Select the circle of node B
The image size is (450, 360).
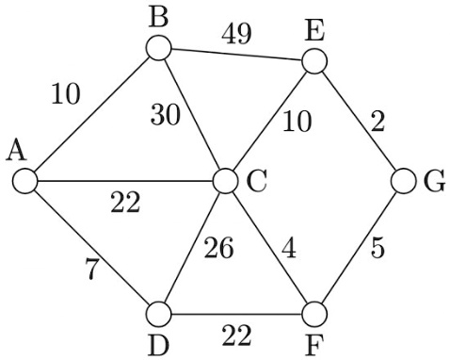coord(158,48)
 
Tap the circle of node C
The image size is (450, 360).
coord(226,179)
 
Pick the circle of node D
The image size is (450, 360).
coord(160,312)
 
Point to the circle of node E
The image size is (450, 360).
coord(314,62)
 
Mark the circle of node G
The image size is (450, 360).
coord(403,179)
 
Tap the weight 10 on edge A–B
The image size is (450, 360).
coord(66,94)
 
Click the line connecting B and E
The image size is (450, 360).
coord(236,56)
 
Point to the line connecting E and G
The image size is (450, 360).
coord(359,121)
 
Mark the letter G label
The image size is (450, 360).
coord(434,180)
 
